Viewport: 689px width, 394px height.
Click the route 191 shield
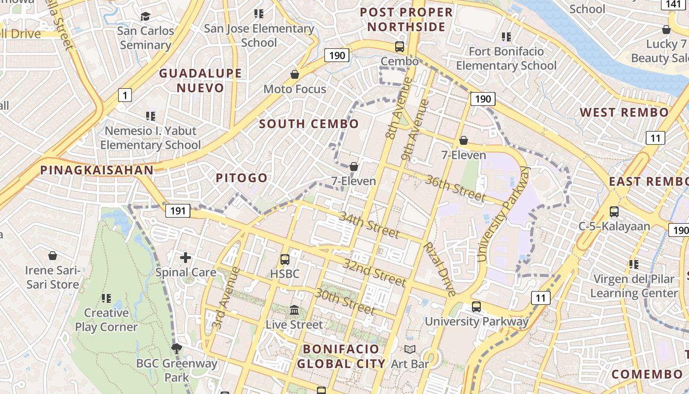tap(178, 211)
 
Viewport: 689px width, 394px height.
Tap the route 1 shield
tap(125, 95)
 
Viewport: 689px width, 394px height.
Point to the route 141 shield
tap(673, 4)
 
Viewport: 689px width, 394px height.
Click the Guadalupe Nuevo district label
tap(200, 81)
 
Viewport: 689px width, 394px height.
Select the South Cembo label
tap(309, 124)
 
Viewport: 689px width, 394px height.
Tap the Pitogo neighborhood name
tap(242, 178)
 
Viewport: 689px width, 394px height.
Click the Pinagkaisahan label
tap(96, 170)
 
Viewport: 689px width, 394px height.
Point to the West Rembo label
tap(624, 112)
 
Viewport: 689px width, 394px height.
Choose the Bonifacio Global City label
tap(341, 357)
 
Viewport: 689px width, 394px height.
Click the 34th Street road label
tap(369, 225)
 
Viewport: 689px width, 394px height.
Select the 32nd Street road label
tap(375, 274)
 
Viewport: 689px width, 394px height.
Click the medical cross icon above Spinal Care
tap(186, 257)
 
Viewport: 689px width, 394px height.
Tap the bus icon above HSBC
tap(285, 259)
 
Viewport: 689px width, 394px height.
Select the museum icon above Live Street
tap(294, 310)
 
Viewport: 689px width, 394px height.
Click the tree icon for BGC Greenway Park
tap(176, 349)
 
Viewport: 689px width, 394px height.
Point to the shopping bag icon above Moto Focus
tap(295, 74)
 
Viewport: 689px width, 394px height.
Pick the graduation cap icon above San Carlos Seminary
tap(145, 16)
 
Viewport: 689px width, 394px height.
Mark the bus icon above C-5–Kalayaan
tap(614, 212)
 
